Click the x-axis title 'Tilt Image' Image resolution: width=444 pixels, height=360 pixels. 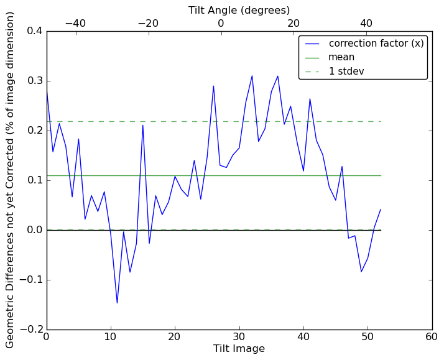[239, 349]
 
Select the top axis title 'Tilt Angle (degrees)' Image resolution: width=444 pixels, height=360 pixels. [239, 11]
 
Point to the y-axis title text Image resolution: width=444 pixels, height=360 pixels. [11, 180]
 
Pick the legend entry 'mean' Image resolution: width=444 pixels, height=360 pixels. [341, 58]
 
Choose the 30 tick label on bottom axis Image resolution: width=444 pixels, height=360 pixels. [239, 337]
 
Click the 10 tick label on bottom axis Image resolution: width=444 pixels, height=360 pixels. [111, 337]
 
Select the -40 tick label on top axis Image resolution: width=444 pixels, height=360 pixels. [75, 23]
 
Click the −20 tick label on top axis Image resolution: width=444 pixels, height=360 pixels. [148, 23]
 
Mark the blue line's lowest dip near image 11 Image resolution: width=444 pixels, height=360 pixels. [117, 303]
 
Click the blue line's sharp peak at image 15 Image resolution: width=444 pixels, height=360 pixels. [143, 126]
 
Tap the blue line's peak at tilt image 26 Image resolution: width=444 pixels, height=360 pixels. [213, 86]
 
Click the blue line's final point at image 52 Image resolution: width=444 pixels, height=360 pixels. [381, 210]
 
